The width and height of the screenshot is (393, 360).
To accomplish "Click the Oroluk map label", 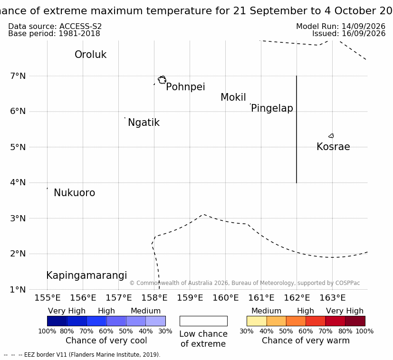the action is coord(90,54).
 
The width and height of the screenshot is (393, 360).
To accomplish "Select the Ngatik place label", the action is coord(144,123).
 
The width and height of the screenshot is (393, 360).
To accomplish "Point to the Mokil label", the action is coord(233,97).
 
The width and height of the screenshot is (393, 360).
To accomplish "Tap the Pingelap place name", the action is coord(272,108).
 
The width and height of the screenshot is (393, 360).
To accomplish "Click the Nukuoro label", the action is coord(75,193).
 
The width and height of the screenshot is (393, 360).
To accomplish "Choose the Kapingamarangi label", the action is coord(86,275).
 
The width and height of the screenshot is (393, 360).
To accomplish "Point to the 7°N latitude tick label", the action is coord(18,76).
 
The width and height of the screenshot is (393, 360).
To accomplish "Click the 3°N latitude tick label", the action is coord(18,218).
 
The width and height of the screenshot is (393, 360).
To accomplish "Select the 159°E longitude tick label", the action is coord(190,298).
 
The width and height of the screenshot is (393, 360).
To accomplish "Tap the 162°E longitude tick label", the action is coord(297,298).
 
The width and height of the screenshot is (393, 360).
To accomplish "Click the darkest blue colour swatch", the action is coord(57,321).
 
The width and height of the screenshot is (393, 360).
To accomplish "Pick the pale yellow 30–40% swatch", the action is coord(257,321).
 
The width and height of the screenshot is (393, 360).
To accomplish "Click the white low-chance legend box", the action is coord(203,321).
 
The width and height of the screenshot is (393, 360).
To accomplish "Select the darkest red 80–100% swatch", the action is coord(355,321).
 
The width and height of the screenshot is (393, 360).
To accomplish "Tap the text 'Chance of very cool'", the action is coord(106,341).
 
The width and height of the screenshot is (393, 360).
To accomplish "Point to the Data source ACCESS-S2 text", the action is coord(55,26).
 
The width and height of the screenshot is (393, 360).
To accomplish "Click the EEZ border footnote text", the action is coord(82,355).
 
